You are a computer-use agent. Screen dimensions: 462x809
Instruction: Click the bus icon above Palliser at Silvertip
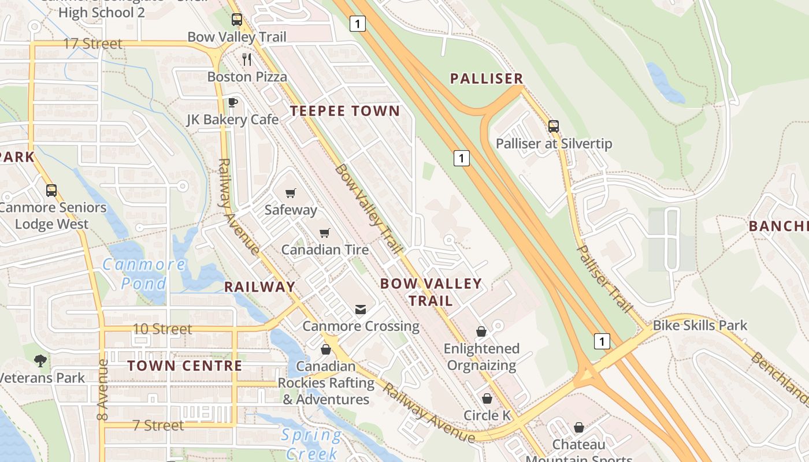tap(554, 126)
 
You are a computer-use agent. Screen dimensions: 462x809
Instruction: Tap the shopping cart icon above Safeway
tap(291, 193)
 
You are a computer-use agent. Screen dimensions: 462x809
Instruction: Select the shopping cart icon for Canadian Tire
tap(325, 233)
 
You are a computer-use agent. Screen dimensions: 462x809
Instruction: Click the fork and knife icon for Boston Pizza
tap(247, 59)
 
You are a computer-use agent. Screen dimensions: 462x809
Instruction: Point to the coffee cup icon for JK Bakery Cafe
tap(232, 102)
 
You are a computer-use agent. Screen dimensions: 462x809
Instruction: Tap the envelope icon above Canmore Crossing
tap(361, 310)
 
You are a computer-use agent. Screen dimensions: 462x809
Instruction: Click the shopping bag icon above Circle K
tap(487, 398)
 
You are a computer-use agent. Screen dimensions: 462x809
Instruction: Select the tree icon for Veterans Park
tap(40, 361)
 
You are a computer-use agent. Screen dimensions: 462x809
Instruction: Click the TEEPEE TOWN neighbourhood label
tap(345, 111)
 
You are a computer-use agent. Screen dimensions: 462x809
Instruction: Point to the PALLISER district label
tap(487, 79)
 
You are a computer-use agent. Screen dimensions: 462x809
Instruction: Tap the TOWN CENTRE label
tap(185, 366)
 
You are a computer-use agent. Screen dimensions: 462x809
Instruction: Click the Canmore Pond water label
tap(144, 274)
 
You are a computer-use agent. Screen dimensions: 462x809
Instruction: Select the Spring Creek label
tap(311, 444)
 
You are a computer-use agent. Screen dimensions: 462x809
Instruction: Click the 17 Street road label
tap(92, 44)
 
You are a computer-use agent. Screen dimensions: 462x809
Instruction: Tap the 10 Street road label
tap(162, 329)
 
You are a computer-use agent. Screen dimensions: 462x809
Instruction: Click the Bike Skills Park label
tap(700, 326)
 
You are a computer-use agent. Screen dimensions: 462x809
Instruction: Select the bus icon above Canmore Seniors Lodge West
tap(51, 190)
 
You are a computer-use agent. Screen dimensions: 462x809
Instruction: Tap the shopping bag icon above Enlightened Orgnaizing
tap(481, 331)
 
